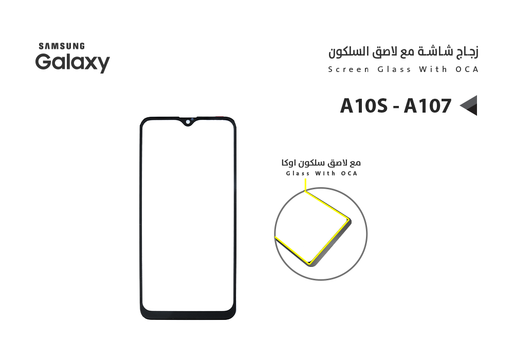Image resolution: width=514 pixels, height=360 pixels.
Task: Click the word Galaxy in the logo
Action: click(x=72, y=63)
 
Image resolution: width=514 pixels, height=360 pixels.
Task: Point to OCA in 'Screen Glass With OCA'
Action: click(x=467, y=69)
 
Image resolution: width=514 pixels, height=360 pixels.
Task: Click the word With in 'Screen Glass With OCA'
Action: click(x=432, y=69)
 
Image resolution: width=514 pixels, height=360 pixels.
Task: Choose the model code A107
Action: click(x=427, y=106)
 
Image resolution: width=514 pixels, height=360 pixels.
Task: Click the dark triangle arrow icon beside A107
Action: click(x=469, y=105)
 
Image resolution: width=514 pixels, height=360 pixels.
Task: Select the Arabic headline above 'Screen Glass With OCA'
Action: click(x=403, y=52)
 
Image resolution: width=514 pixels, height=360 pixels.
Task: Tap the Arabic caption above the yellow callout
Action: click(x=321, y=163)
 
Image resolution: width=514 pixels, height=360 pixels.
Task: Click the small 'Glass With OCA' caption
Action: click(x=321, y=173)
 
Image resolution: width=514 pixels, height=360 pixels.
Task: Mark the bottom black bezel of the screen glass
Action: click(x=188, y=313)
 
